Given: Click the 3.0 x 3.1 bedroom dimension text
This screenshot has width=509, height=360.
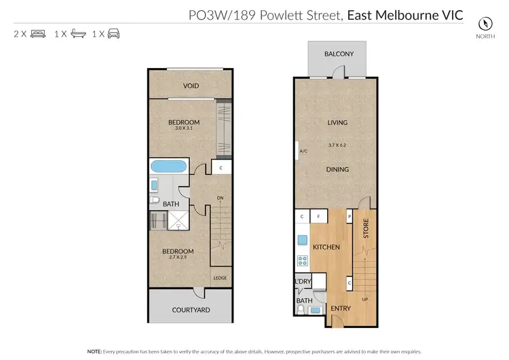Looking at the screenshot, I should (x=184, y=128).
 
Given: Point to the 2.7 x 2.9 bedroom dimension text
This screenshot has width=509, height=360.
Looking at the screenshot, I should (x=178, y=259).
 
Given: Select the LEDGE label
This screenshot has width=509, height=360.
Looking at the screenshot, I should (x=220, y=278).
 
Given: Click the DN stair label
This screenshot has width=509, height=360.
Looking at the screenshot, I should (x=221, y=198).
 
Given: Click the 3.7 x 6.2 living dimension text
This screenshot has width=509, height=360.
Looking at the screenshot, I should (x=337, y=145).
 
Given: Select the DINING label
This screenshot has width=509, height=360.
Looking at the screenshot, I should (x=337, y=170).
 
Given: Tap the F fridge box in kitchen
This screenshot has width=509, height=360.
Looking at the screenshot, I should (x=318, y=217).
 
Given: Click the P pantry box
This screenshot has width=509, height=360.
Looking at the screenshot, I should (x=349, y=217).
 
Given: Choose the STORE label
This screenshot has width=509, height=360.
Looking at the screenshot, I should (x=365, y=228).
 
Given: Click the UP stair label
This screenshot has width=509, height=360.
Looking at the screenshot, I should (x=366, y=300).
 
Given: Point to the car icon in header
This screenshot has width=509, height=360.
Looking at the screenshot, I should (x=113, y=33).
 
